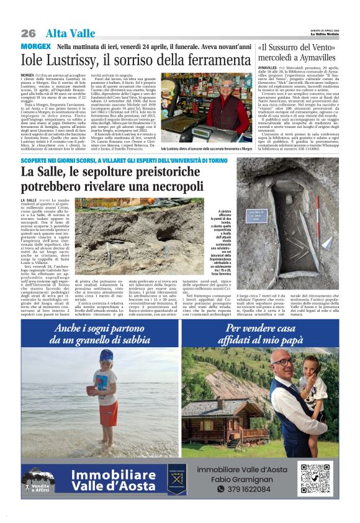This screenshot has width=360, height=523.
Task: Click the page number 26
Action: coord(29,33)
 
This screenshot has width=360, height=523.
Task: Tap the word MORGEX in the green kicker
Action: coord(35,47)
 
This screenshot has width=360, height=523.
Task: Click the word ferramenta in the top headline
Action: coord(214,60)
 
